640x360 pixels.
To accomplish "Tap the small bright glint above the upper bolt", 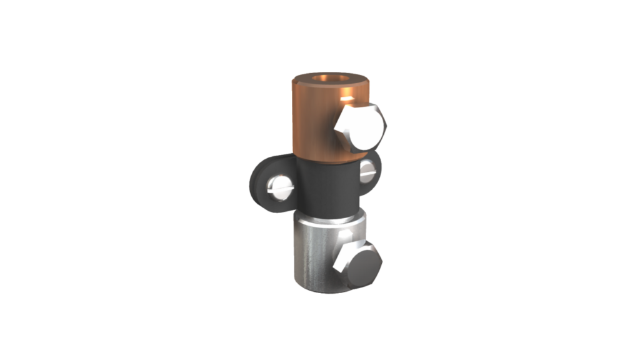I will pos(347,97).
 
